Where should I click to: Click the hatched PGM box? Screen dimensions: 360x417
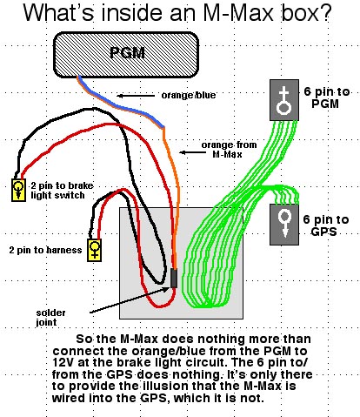point(126,55)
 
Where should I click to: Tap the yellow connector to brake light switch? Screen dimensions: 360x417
point(18,190)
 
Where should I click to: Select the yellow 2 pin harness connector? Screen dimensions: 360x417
point(95,250)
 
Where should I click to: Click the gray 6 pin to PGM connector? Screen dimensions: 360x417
point(284,100)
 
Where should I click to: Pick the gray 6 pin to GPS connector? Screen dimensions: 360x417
point(284,225)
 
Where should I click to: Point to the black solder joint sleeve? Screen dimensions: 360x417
point(174,279)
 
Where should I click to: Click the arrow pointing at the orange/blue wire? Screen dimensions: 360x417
point(136,96)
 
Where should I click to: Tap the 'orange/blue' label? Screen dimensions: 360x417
point(189,95)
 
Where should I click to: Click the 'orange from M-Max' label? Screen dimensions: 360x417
point(229,149)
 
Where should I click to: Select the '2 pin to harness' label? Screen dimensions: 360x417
point(45,250)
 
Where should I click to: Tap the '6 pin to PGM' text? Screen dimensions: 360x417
point(327,98)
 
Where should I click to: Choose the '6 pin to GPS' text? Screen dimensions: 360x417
point(325,225)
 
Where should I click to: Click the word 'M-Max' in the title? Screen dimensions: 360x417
point(239,13)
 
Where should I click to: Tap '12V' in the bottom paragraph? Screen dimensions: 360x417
point(63,362)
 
